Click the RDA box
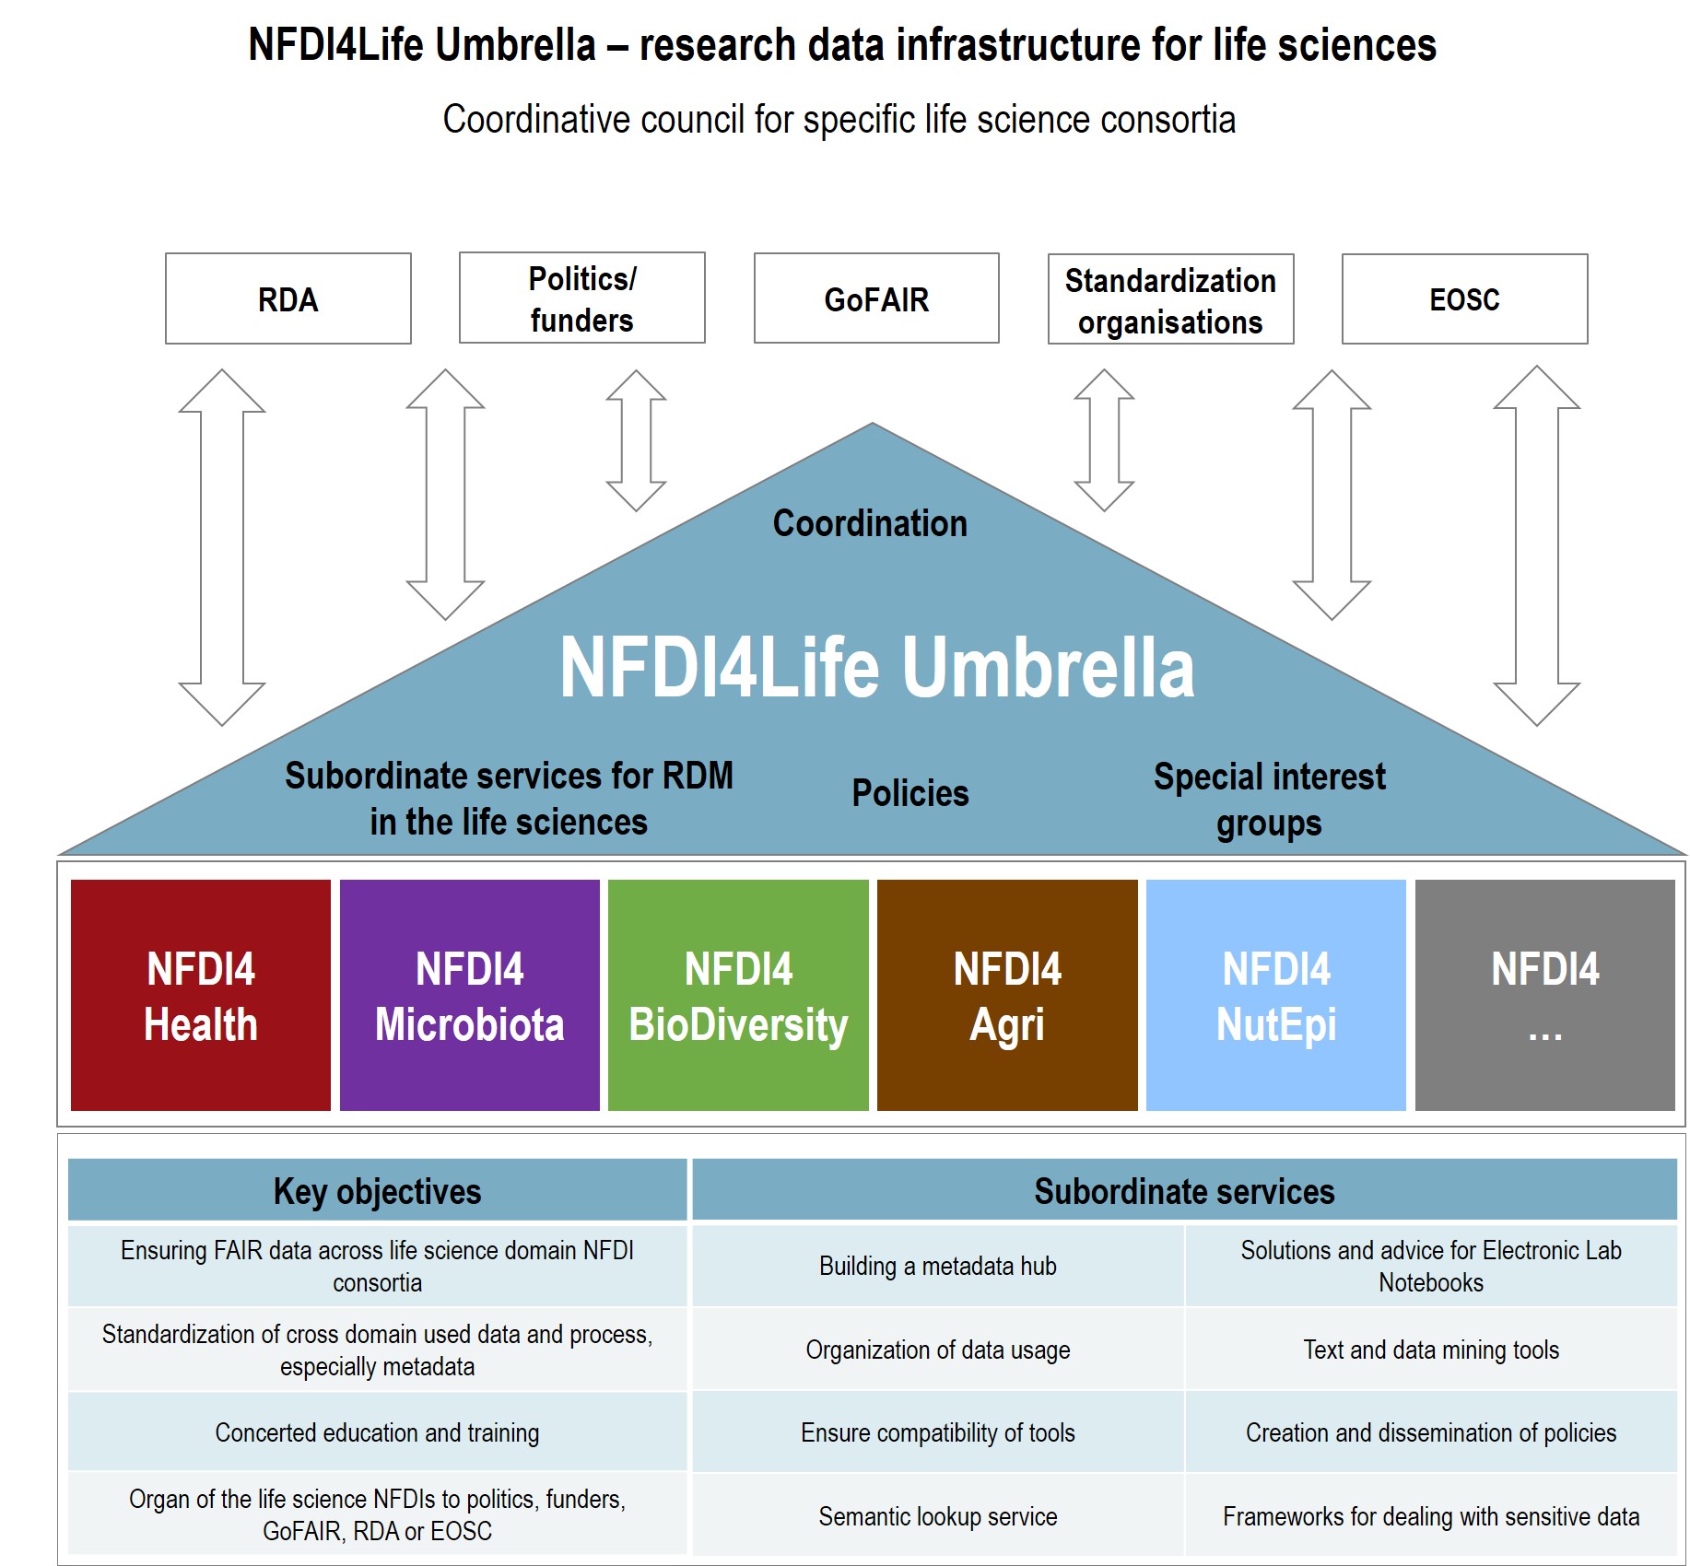(288, 299)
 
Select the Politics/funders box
(581, 298)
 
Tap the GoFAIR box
(875, 299)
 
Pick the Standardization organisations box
(1170, 300)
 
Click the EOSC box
(1464, 299)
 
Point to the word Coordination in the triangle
(870, 523)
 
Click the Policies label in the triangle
(910, 793)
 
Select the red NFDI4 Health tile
(201, 995)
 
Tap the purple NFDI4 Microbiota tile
(469, 995)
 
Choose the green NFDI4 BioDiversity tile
(738, 995)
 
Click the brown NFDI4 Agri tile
(1007, 995)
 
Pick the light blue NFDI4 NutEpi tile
(1276, 995)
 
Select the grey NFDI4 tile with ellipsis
(1544, 995)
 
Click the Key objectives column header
(377, 1191)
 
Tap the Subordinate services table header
(1184, 1191)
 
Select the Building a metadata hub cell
(937, 1266)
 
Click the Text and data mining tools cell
(1430, 1350)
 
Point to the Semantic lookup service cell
(937, 1516)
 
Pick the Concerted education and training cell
(377, 1432)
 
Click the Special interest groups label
(1269, 800)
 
